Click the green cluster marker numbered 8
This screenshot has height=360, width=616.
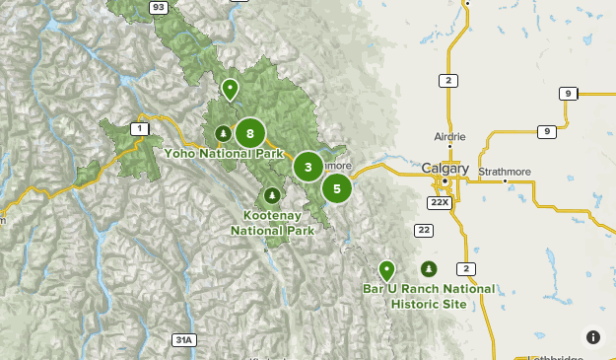point(250,133)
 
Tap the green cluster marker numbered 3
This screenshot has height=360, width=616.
point(308,167)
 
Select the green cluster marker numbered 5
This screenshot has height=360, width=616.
point(337,187)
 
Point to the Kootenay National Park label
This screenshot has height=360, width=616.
point(273,223)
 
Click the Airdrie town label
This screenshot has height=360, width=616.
point(449,137)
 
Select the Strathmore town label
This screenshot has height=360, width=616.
point(504,172)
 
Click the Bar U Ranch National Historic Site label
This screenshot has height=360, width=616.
point(429,297)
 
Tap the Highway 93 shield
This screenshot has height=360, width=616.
point(158,6)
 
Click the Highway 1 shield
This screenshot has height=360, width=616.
point(140,128)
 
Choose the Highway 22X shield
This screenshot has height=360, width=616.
point(439,201)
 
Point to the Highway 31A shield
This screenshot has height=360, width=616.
point(183,339)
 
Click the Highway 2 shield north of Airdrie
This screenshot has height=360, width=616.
point(447,81)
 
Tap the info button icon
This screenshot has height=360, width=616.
point(593,337)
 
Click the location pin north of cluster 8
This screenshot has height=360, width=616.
point(230,90)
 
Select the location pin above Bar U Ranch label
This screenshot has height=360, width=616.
point(386,269)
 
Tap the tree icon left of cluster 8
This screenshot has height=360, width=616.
point(223,133)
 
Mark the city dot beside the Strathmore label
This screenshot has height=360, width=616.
point(505,181)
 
